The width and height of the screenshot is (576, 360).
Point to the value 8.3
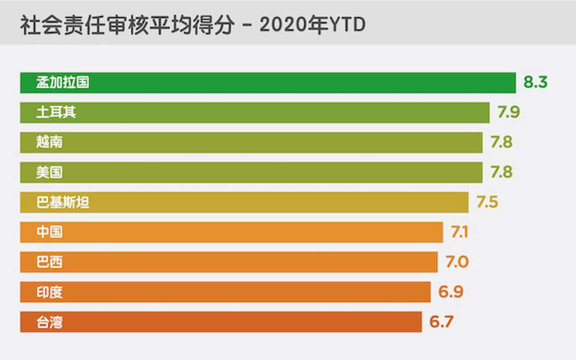click(535, 82)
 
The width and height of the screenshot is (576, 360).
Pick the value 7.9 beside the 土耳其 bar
click(509, 112)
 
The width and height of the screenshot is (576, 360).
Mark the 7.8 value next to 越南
click(501, 142)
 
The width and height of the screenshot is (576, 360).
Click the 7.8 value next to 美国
click(501, 172)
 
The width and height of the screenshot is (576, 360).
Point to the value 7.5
click(487, 202)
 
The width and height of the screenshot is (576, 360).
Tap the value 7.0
click(457, 262)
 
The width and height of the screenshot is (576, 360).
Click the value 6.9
click(450, 292)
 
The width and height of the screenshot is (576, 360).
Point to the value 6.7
click(441, 322)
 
